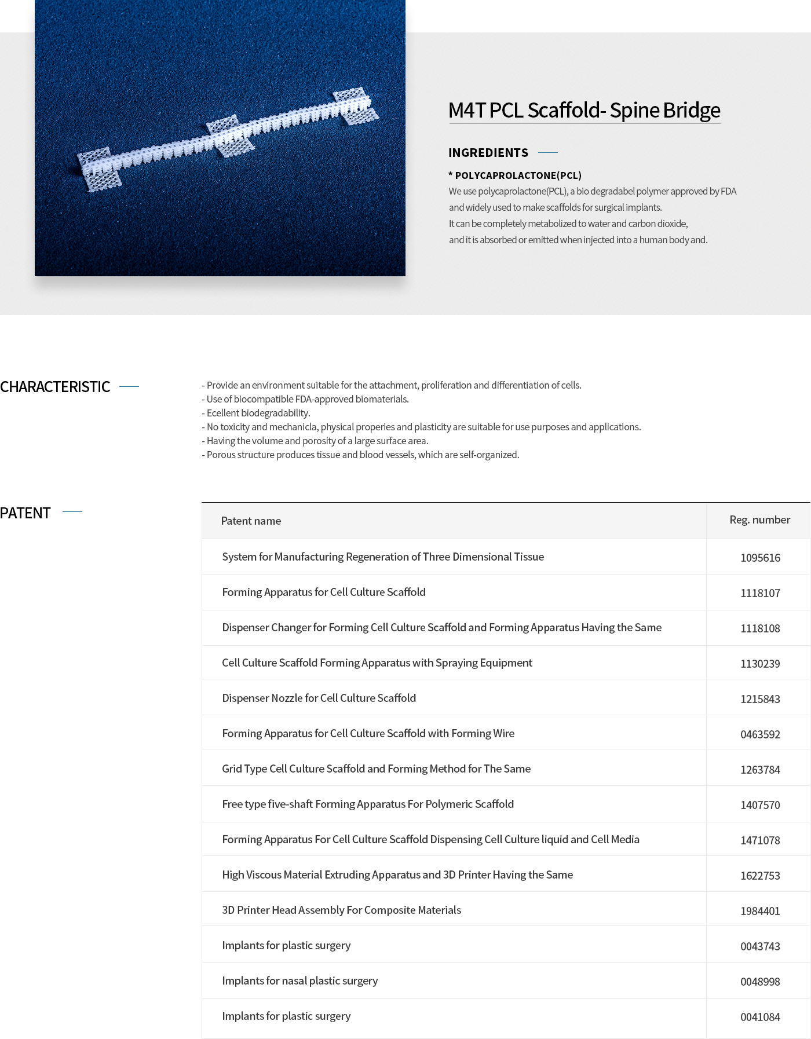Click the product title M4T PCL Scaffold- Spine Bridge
(x=584, y=110)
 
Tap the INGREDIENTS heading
(x=488, y=152)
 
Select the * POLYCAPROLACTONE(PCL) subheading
(x=515, y=175)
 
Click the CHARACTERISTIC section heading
(x=55, y=386)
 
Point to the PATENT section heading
(x=25, y=513)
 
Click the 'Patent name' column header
(x=251, y=521)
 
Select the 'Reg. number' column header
(x=759, y=519)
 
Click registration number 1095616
(x=760, y=558)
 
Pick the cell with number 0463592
(x=760, y=734)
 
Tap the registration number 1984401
(x=760, y=911)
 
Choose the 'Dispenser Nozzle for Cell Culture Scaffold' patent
(x=319, y=698)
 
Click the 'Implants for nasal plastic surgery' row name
(x=299, y=981)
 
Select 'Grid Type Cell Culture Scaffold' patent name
(x=376, y=769)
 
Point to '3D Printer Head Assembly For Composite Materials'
(x=341, y=910)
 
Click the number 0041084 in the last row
(x=760, y=1017)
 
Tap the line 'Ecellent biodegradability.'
(x=258, y=413)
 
